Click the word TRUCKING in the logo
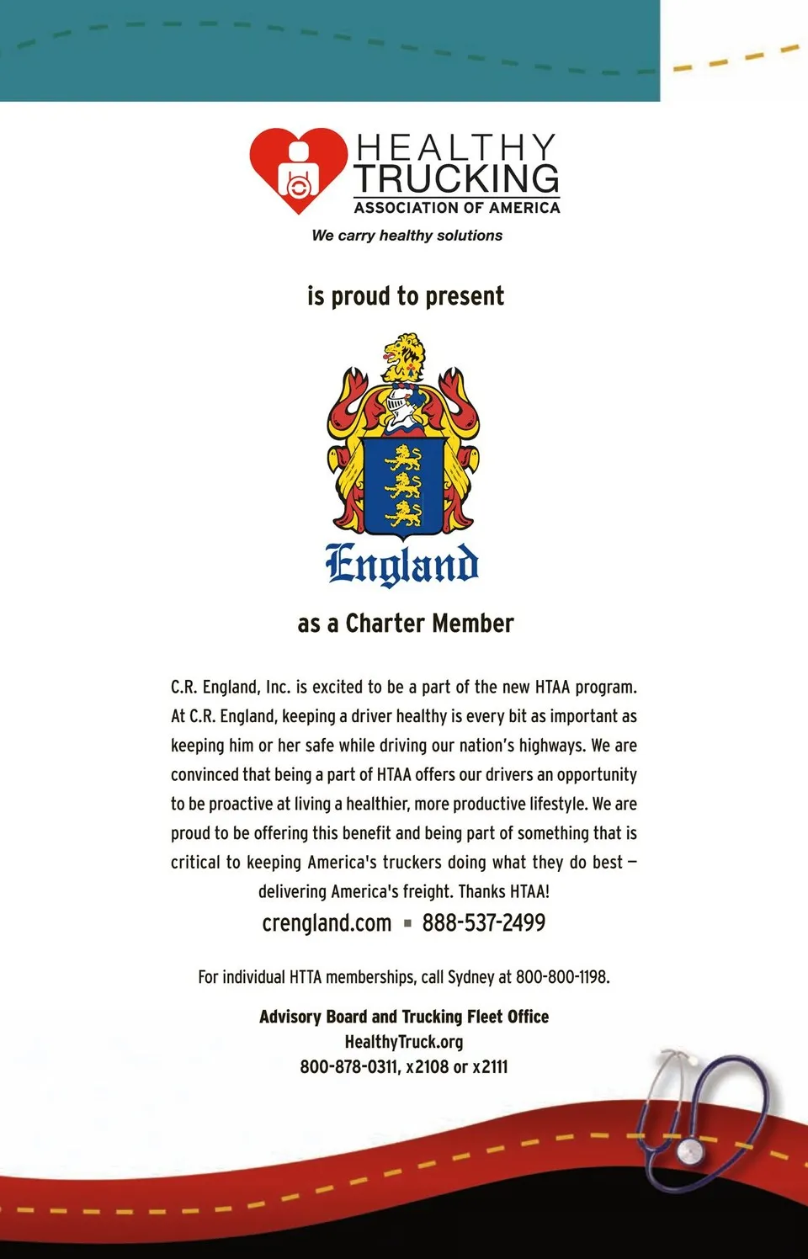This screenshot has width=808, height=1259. pyautogui.click(x=456, y=178)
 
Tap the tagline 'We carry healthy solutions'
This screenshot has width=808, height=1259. pyautogui.click(x=407, y=236)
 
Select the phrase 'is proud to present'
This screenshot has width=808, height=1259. pyautogui.click(x=405, y=296)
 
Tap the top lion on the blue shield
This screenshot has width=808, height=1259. pyautogui.click(x=403, y=459)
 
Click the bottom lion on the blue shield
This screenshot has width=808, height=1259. pyautogui.click(x=403, y=513)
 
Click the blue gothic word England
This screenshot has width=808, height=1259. pyautogui.click(x=402, y=564)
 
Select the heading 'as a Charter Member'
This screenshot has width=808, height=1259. pyautogui.click(x=405, y=624)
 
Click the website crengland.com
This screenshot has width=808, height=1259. pyautogui.click(x=327, y=923)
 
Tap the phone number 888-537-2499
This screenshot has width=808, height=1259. pyautogui.click(x=483, y=923)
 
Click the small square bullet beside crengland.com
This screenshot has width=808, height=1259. pyautogui.click(x=407, y=924)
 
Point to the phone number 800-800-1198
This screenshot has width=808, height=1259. pyautogui.click(x=561, y=977)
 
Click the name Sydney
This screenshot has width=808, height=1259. pyautogui.click(x=470, y=977)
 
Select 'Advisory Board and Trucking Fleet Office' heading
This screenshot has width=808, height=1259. pyautogui.click(x=404, y=1017)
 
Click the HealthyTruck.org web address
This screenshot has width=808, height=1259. pyautogui.click(x=404, y=1042)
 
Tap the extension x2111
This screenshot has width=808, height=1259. pyautogui.click(x=490, y=1067)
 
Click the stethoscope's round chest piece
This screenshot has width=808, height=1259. pyautogui.click(x=691, y=1149)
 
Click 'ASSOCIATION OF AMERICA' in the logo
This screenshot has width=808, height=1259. pyautogui.click(x=457, y=208)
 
